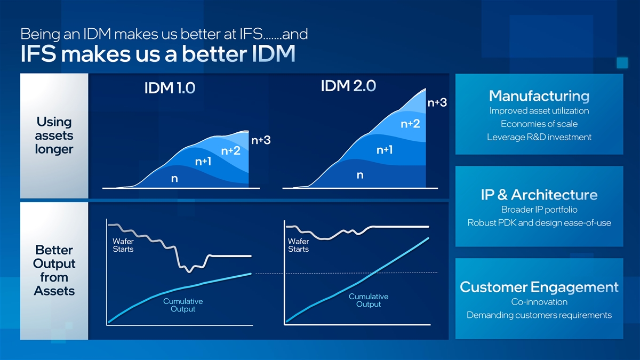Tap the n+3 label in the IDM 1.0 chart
[261, 140]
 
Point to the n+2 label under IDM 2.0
[410, 124]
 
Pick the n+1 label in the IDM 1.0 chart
[204, 161]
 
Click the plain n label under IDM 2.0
[360, 175]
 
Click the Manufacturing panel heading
[539, 96]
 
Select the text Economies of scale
[539, 124]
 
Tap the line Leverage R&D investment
[539, 138]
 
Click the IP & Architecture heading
[539, 195]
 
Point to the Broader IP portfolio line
[539, 210]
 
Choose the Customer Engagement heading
[539, 287]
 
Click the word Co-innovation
[539, 302]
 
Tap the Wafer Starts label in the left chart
[123, 245]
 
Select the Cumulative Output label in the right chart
[368, 300]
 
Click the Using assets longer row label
[54, 135]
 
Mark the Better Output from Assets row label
[54, 270]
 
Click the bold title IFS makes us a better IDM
[157, 55]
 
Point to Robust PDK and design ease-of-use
[539, 223]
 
